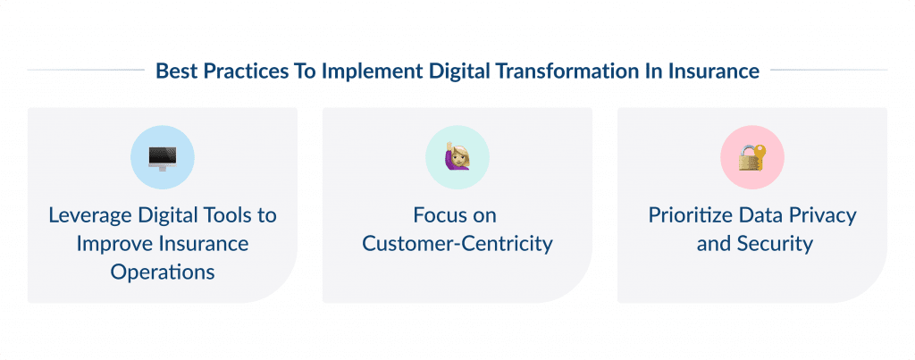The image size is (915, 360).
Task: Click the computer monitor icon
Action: click(x=162, y=157)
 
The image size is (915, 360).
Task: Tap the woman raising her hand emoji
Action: click(x=457, y=157)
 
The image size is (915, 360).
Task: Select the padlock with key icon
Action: click(x=751, y=157)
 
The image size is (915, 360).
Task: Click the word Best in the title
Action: click(x=174, y=71)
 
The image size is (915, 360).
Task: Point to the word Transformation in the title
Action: click(x=567, y=71)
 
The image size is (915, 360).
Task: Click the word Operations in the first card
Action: click(x=163, y=272)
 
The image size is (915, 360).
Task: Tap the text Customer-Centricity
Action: click(x=457, y=244)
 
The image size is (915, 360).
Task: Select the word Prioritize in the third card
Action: click(x=691, y=215)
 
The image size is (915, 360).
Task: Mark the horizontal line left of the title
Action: click(x=85, y=70)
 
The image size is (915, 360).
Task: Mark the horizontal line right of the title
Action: click(x=828, y=70)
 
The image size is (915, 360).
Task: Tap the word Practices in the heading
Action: click(x=240, y=71)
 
